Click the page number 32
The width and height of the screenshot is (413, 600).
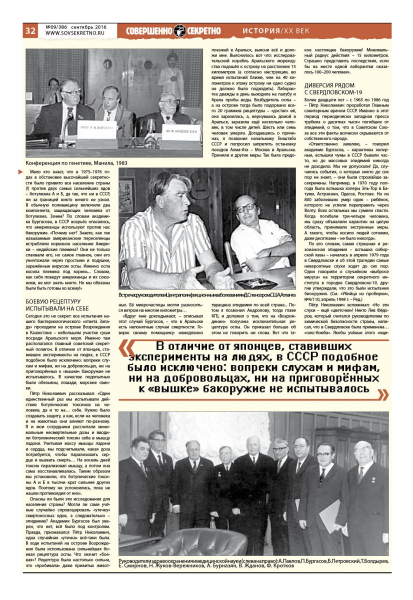pyautogui.click(x=30, y=30)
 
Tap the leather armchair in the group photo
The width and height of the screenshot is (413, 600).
pyautogui.click(x=165, y=542)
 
